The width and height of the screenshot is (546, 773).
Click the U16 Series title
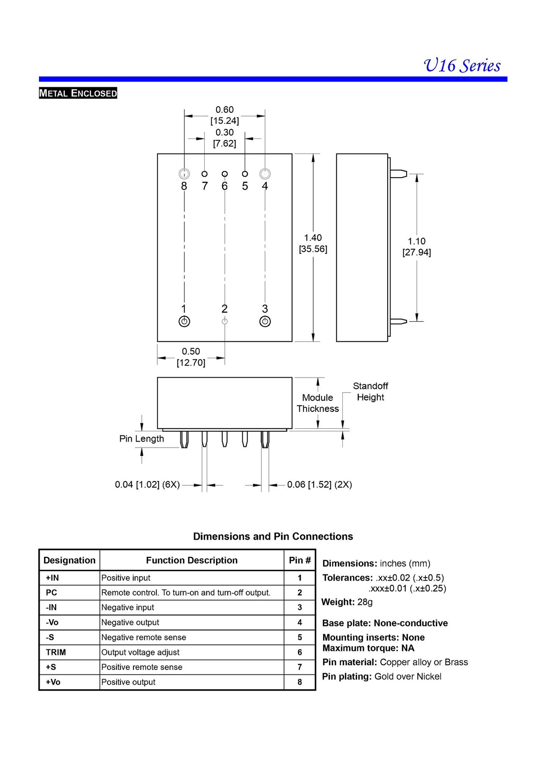click(462, 66)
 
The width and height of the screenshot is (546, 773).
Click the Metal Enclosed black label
click(78, 93)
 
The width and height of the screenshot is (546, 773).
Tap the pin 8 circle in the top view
click(184, 174)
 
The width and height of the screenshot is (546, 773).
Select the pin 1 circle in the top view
click(184, 322)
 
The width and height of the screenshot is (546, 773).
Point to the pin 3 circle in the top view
click(265, 322)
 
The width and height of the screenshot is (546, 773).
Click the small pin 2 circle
click(224, 322)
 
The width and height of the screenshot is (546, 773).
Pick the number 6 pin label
click(224, 186)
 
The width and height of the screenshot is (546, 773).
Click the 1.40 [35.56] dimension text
click(313, 244)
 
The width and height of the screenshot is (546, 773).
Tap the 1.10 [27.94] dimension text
click(416, 247)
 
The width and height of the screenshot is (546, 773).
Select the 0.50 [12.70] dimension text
click(191, 357)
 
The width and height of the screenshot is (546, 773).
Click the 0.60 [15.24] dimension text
click(224, 115)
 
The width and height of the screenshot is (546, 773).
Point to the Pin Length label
click(141, 439)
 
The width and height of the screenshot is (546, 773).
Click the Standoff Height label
click(370, 392)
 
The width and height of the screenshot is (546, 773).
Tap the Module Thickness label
click(318, 403)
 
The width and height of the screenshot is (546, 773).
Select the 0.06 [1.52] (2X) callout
click(319, 485)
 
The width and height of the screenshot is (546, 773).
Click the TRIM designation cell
click(56, 652)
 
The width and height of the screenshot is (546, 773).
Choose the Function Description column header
click(191, 560)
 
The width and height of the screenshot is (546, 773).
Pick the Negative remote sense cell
click(144, 638)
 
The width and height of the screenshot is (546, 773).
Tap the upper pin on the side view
click(398, 174)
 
